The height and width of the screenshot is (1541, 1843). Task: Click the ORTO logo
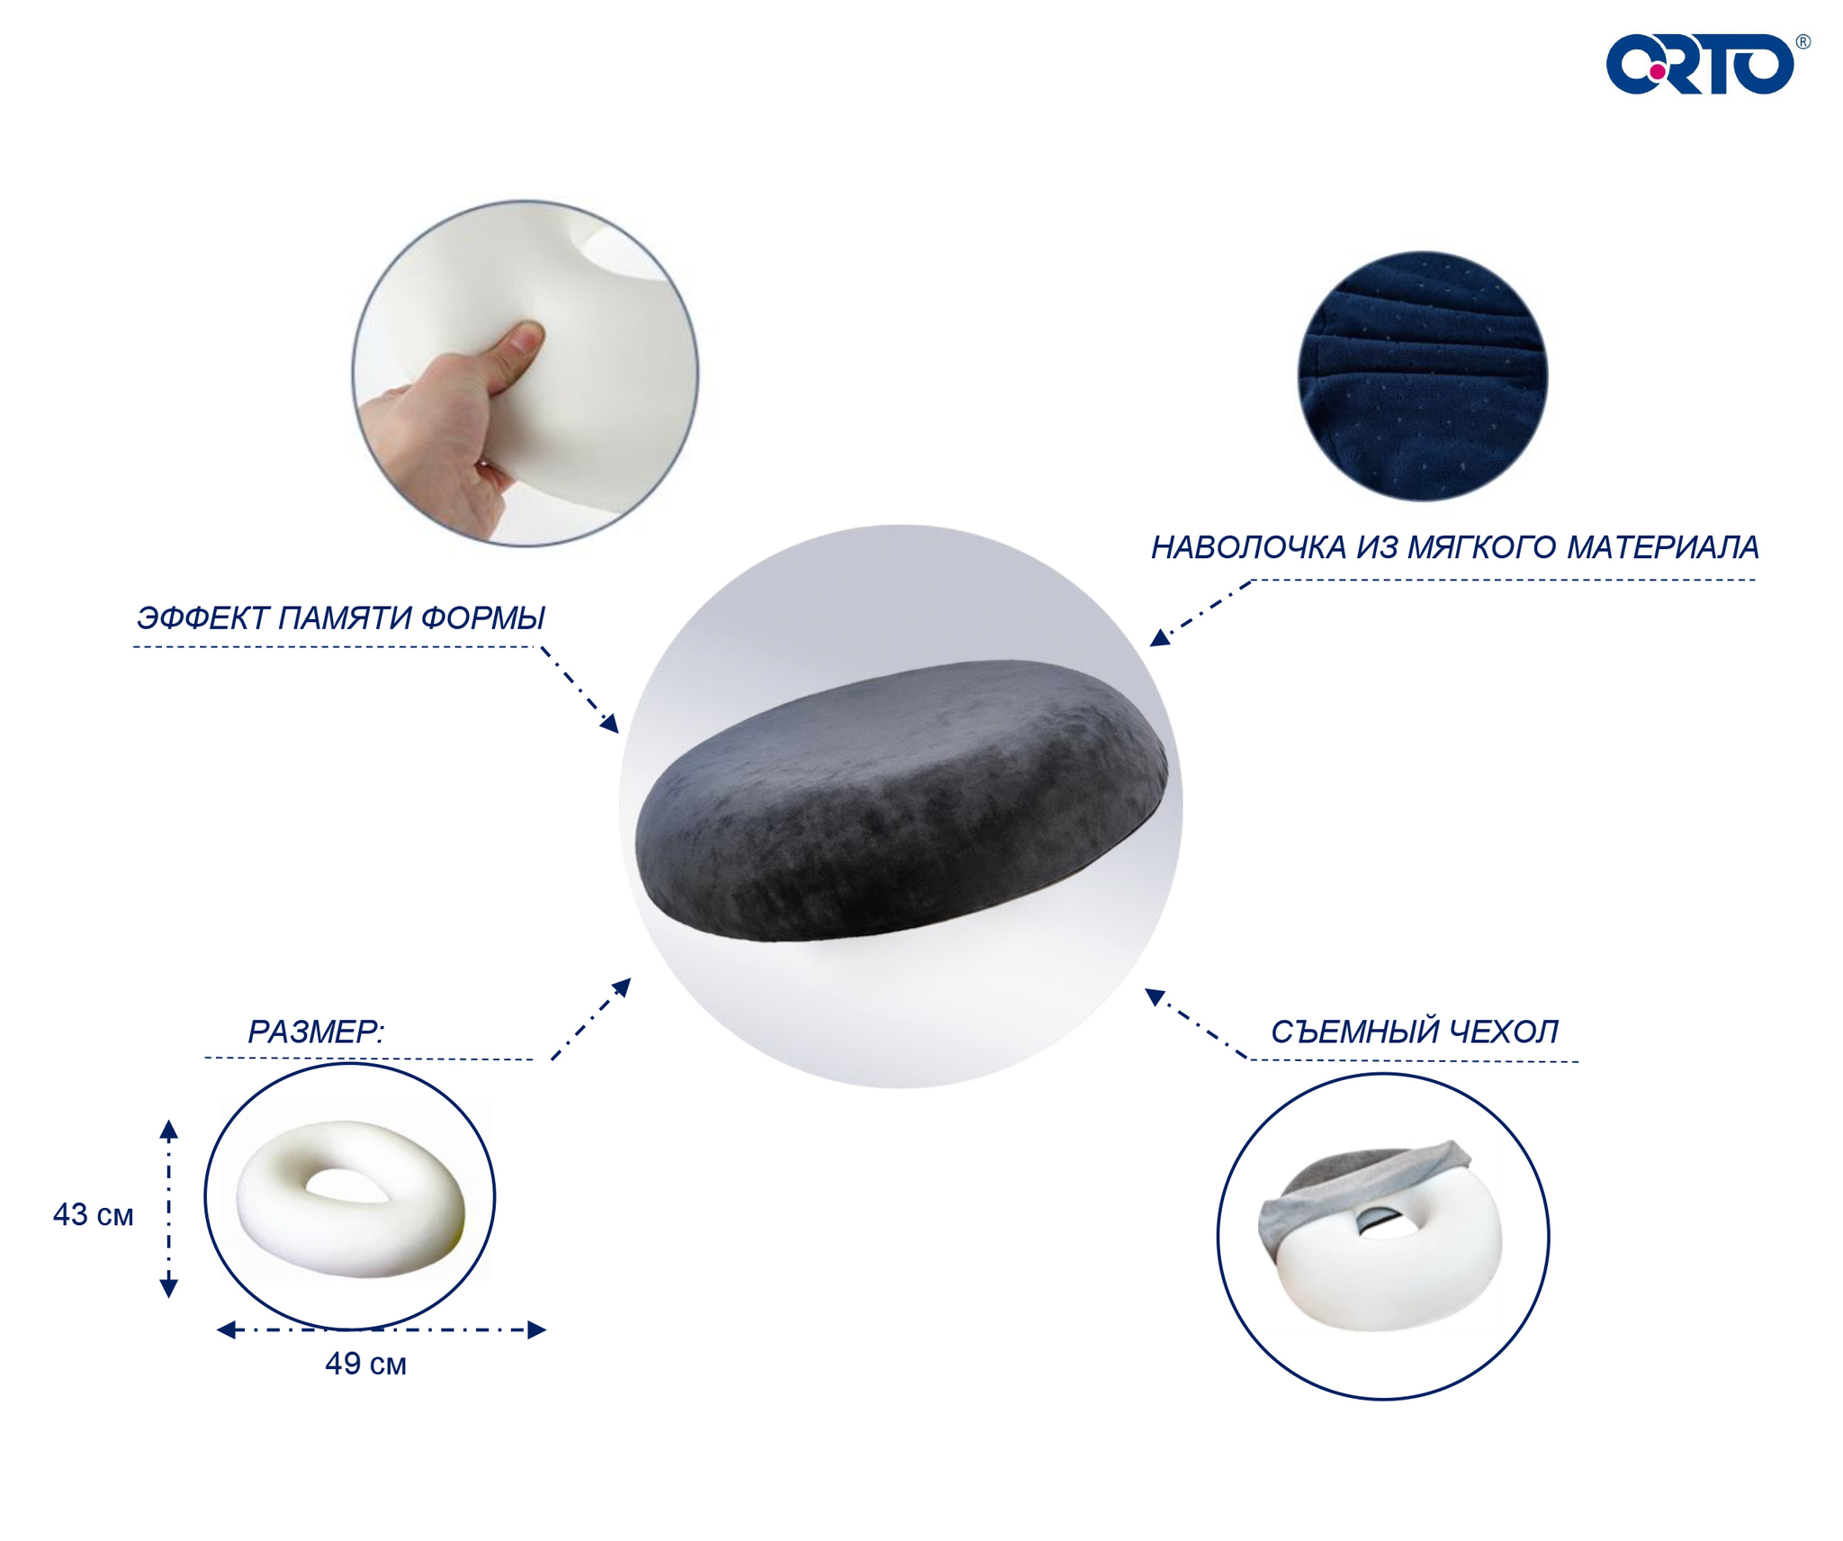[x=1700, y=65]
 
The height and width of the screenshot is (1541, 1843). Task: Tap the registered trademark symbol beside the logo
[x=1803, y=41]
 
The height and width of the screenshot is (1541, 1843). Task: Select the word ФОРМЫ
[x=482, y=617]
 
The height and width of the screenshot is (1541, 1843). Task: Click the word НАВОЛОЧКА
[x=1248, y=547]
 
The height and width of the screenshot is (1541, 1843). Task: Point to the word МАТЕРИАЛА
[x=1662, y=547]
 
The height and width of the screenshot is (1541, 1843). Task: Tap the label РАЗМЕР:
[x=316, y=1032]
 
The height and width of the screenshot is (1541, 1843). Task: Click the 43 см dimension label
[x=93, y=1215]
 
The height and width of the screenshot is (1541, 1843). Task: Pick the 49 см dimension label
[x=365, y=1364]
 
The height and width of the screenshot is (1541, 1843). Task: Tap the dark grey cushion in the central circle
[x=901, y=801]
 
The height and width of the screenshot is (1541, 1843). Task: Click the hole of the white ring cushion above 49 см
[x=347, y=1185]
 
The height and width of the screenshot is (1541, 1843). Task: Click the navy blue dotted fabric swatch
[x=1422, y=375]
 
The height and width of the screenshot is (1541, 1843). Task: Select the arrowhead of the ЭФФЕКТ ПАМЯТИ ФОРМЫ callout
[x=610, y=724]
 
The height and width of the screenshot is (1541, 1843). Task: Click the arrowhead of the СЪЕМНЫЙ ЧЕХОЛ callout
[x=1155, y=996]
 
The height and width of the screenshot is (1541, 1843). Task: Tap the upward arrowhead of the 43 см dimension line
[x=168, y=1130]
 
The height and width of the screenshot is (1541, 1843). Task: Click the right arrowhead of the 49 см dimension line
[x=537, y=1329]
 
